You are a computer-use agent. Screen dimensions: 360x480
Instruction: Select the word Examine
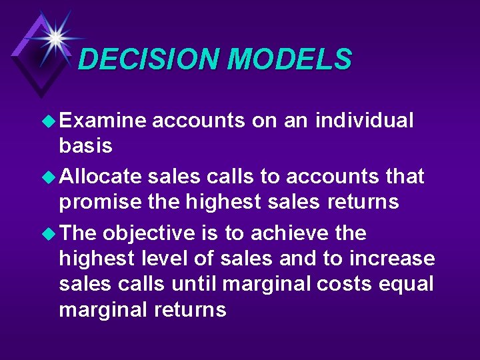103,121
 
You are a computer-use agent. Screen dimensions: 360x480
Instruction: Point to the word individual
365,121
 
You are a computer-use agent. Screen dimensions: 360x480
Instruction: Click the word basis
86,145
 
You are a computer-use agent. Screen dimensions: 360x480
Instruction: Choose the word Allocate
101,177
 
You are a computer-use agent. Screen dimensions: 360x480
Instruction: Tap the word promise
99,202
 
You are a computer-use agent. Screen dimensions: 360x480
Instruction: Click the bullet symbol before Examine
49,121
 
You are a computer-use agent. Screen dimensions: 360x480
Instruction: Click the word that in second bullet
404,177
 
